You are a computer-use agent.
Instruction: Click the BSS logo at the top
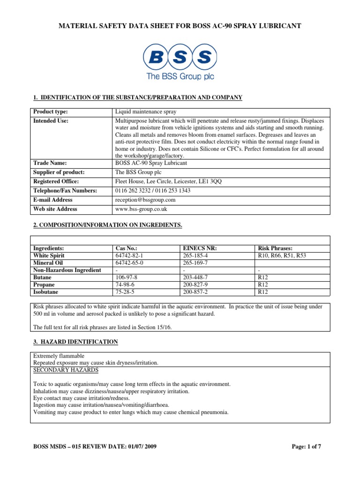180,56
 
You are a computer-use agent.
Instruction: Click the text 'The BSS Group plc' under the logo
180,76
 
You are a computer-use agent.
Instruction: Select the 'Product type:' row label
50,112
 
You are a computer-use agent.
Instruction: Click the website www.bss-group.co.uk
141,209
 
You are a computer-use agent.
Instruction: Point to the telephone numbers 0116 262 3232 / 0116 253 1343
153,191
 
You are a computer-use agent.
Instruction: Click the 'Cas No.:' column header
126,248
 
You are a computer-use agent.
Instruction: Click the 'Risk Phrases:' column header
276,248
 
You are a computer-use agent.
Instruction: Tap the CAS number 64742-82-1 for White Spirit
129,255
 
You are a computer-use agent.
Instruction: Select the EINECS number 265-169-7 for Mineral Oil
196,263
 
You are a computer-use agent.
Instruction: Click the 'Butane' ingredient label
44,277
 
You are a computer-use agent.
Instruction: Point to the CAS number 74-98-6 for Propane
126,285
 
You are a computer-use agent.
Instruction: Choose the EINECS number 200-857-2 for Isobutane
196,292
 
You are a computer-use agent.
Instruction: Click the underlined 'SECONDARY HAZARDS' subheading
66,370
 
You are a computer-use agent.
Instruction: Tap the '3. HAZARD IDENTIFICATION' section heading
75,342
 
